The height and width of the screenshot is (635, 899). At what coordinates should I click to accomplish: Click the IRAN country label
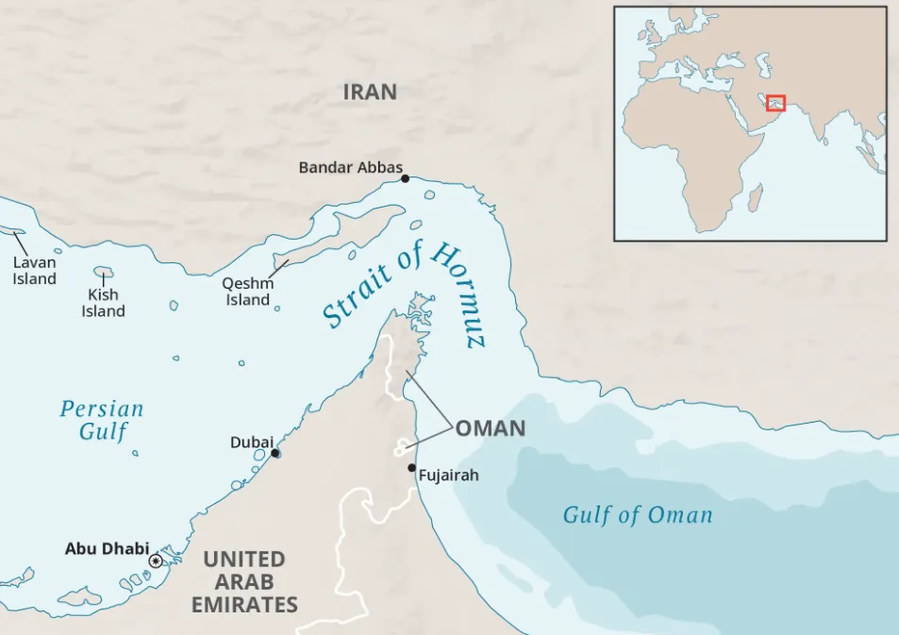coord(369,92)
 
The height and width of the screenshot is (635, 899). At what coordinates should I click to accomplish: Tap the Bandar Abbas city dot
coord(405,178)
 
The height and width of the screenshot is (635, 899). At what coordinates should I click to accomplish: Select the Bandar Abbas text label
coord(350,167)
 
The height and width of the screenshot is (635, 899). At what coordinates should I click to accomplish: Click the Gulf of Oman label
coord(638,515)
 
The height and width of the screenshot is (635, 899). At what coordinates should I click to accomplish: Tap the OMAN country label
coord(491,428)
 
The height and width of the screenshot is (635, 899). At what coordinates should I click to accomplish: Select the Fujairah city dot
coord(411,468)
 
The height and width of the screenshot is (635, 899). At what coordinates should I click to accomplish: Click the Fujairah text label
coord(448,476)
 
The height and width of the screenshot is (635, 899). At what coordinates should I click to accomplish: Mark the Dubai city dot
coord(275,453)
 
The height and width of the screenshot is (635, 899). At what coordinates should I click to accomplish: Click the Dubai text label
coord(251,443)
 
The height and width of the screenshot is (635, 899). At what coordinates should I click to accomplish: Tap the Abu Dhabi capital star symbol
coord(156,560)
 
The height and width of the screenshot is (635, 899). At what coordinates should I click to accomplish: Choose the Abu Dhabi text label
coord(107,548)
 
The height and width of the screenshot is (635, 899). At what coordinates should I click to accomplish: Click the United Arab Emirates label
coord(244,582)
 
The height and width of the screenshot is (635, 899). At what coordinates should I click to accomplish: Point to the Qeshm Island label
coord(247,292)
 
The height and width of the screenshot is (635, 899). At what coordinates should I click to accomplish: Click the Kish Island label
coord(103,303)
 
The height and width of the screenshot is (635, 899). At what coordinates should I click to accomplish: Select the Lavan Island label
coord(34,271)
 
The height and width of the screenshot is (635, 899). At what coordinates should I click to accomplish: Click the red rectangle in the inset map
coord(775,103)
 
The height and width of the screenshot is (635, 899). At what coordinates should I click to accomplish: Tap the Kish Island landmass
coord(103,273)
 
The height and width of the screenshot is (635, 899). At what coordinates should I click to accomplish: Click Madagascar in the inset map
coord(755,197)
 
